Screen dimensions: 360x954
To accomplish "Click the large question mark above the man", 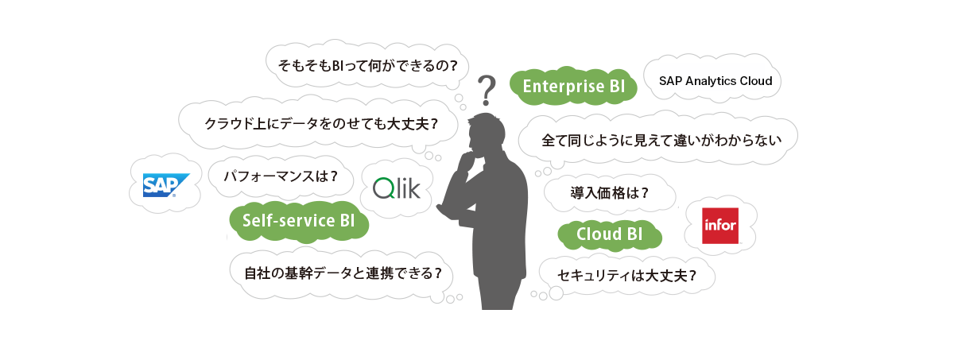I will point(486,91).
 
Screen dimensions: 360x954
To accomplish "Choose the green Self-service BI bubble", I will point(299,221).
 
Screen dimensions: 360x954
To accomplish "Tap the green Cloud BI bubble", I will point(609,234).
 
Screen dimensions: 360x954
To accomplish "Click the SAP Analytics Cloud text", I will point(715,80).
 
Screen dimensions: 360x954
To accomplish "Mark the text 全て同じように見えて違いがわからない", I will point(657,140).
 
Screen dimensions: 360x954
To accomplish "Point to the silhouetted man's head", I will point(487,130).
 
